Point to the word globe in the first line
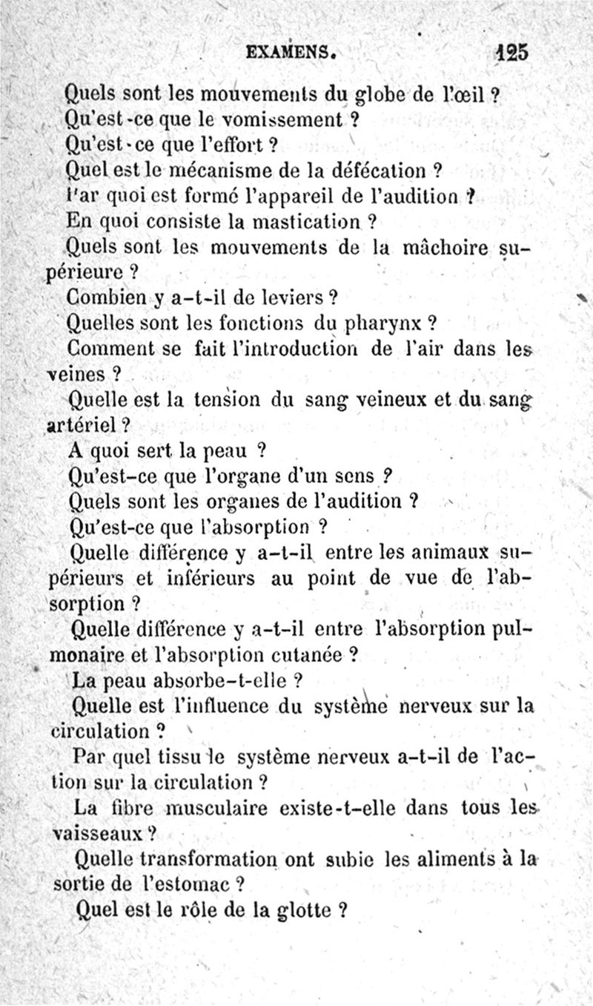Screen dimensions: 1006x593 382,94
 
